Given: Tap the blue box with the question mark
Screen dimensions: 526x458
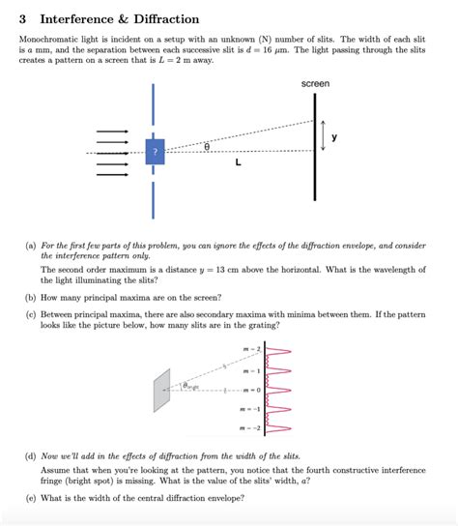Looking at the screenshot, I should pos(155,153).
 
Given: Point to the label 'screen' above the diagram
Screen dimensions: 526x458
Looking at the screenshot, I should pos(315,84).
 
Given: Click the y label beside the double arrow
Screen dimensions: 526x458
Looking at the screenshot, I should pos(335,137).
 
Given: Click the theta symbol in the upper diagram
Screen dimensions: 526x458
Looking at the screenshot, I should pos(207,145).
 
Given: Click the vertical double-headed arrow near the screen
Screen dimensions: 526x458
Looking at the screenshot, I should pos(324,137).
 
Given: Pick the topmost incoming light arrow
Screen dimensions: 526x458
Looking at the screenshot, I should pos(111,131).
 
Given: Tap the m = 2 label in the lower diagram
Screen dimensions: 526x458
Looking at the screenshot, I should pos(251,348).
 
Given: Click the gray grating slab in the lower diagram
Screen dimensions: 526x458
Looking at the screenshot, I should pos(162,389).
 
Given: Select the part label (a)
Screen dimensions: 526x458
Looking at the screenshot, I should pos(31,246).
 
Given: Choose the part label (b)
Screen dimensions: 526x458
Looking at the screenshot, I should pos(31,297).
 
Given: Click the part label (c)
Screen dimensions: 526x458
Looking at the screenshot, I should pos(31,314).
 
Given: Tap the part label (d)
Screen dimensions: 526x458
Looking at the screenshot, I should pos(31,453).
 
